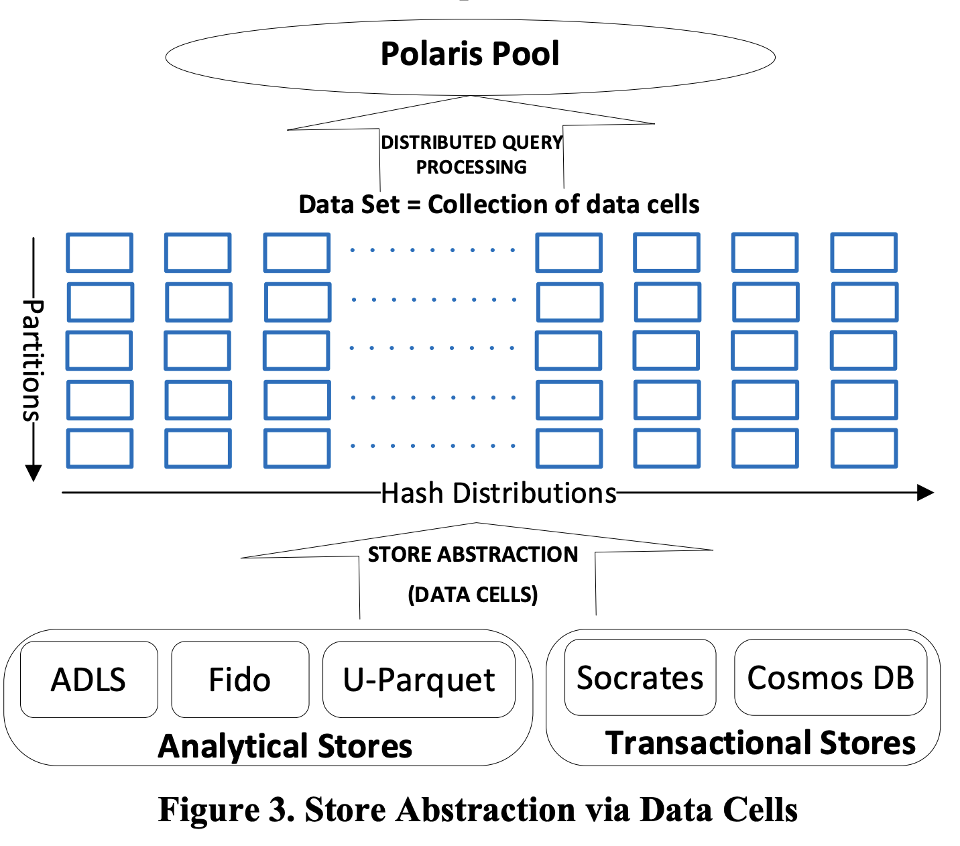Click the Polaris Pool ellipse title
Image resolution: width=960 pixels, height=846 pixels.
(469, 54)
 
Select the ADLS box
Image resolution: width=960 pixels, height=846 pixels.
(88, 680)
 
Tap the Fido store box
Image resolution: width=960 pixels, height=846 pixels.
(239, 680)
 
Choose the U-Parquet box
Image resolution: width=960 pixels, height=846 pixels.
(418, 680)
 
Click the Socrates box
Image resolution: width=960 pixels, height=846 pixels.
(640, 678)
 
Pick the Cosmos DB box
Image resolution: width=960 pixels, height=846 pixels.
(830, 678)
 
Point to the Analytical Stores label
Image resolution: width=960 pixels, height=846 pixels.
(285, 746)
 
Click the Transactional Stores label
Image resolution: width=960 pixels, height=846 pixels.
(760, 743)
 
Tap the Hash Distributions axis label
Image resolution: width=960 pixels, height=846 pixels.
(498, 493)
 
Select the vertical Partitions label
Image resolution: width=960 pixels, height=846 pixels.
(32, 359)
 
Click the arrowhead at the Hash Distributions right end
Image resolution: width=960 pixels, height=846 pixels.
(926, 493)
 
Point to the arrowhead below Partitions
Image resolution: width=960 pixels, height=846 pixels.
(33, 473)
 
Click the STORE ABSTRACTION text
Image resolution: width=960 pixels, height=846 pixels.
(473, 554)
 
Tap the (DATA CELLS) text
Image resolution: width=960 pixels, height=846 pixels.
(473, 595)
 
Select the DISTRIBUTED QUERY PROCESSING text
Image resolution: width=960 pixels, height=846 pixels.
(471, 154)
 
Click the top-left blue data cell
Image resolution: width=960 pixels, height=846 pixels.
(99, 252)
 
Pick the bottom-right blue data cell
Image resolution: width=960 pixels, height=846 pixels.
(863, 448)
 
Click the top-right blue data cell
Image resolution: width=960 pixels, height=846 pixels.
(863, 252)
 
